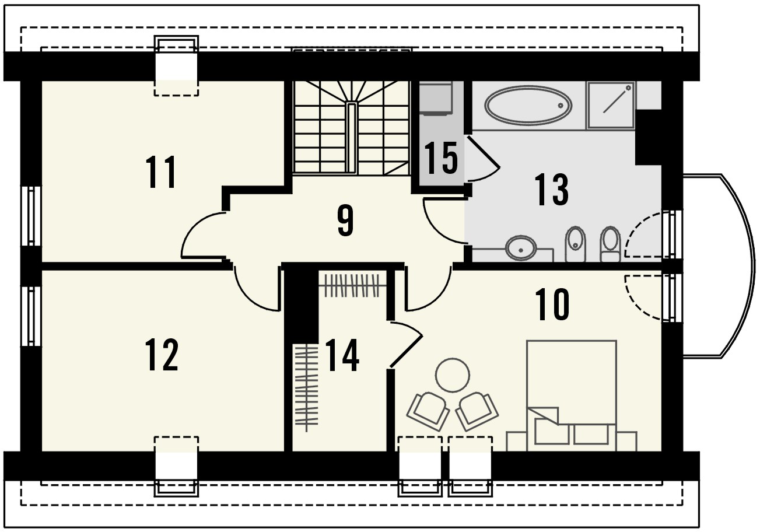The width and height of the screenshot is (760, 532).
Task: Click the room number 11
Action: coord(161,171)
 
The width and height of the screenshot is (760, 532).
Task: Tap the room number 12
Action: coord(162,355)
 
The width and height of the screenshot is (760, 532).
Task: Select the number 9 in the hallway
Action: coord(346,221)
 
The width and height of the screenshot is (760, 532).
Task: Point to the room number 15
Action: coord(441,158)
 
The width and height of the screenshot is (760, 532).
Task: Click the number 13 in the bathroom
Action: coord(551,190)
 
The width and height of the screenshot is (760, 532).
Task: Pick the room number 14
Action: coord(342,355)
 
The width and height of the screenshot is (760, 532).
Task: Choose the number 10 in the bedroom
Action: coord(552,304)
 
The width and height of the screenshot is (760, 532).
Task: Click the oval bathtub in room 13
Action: coord(528,105)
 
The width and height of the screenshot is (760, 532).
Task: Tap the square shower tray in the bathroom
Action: coord(611,105)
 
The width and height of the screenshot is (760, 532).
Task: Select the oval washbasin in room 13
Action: coord(521,248)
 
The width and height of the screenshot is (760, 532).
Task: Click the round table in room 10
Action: coord(452,375)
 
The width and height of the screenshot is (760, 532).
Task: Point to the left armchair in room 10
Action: coord(428,412)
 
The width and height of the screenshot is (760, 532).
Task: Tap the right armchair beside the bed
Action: coord(477,412)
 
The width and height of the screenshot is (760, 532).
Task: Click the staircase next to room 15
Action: coord(352,128)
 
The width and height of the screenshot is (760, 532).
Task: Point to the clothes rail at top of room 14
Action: coord(352,286)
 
